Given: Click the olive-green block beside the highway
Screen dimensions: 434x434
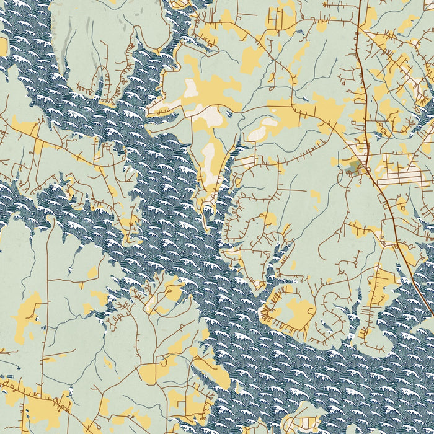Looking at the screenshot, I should [x=355, y=166].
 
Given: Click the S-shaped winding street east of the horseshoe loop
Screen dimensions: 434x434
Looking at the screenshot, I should [x=335, y=316].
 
